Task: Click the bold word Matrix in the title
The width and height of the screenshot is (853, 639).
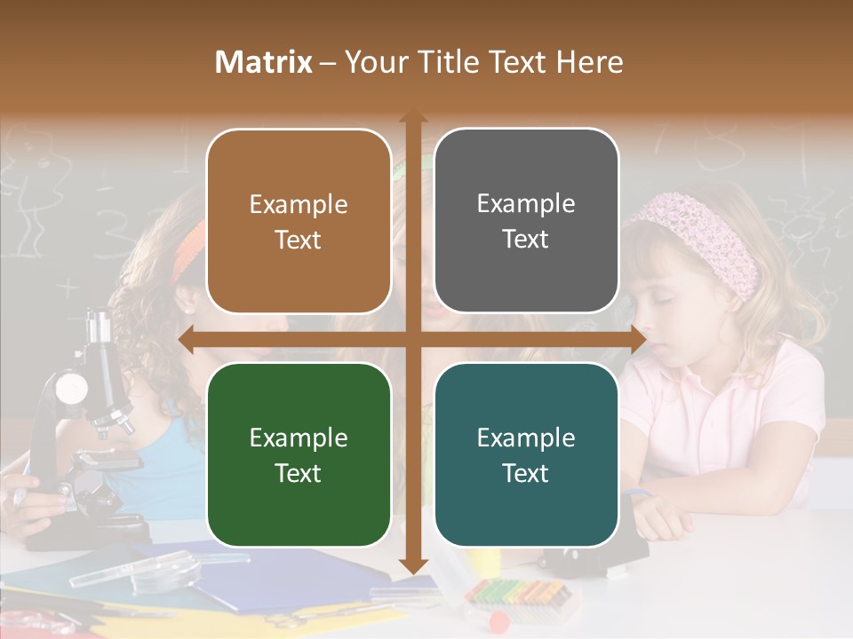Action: tap(264, 62)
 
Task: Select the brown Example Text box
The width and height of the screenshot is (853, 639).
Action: tap(299, 221)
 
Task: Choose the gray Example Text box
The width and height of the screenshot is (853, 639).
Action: tap(526, 221)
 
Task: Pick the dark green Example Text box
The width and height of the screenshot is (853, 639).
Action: tap(299, 454)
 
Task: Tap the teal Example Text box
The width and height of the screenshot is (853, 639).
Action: tap(526, 454)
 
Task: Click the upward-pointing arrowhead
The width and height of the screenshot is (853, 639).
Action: tap(412, 118)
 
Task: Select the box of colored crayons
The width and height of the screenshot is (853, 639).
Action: tap(520, 592)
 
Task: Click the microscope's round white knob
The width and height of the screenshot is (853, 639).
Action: tap(71, 387)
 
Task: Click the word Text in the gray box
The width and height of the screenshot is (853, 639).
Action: tap(526, 240)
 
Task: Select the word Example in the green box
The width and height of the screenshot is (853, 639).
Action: tap(299, 438)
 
